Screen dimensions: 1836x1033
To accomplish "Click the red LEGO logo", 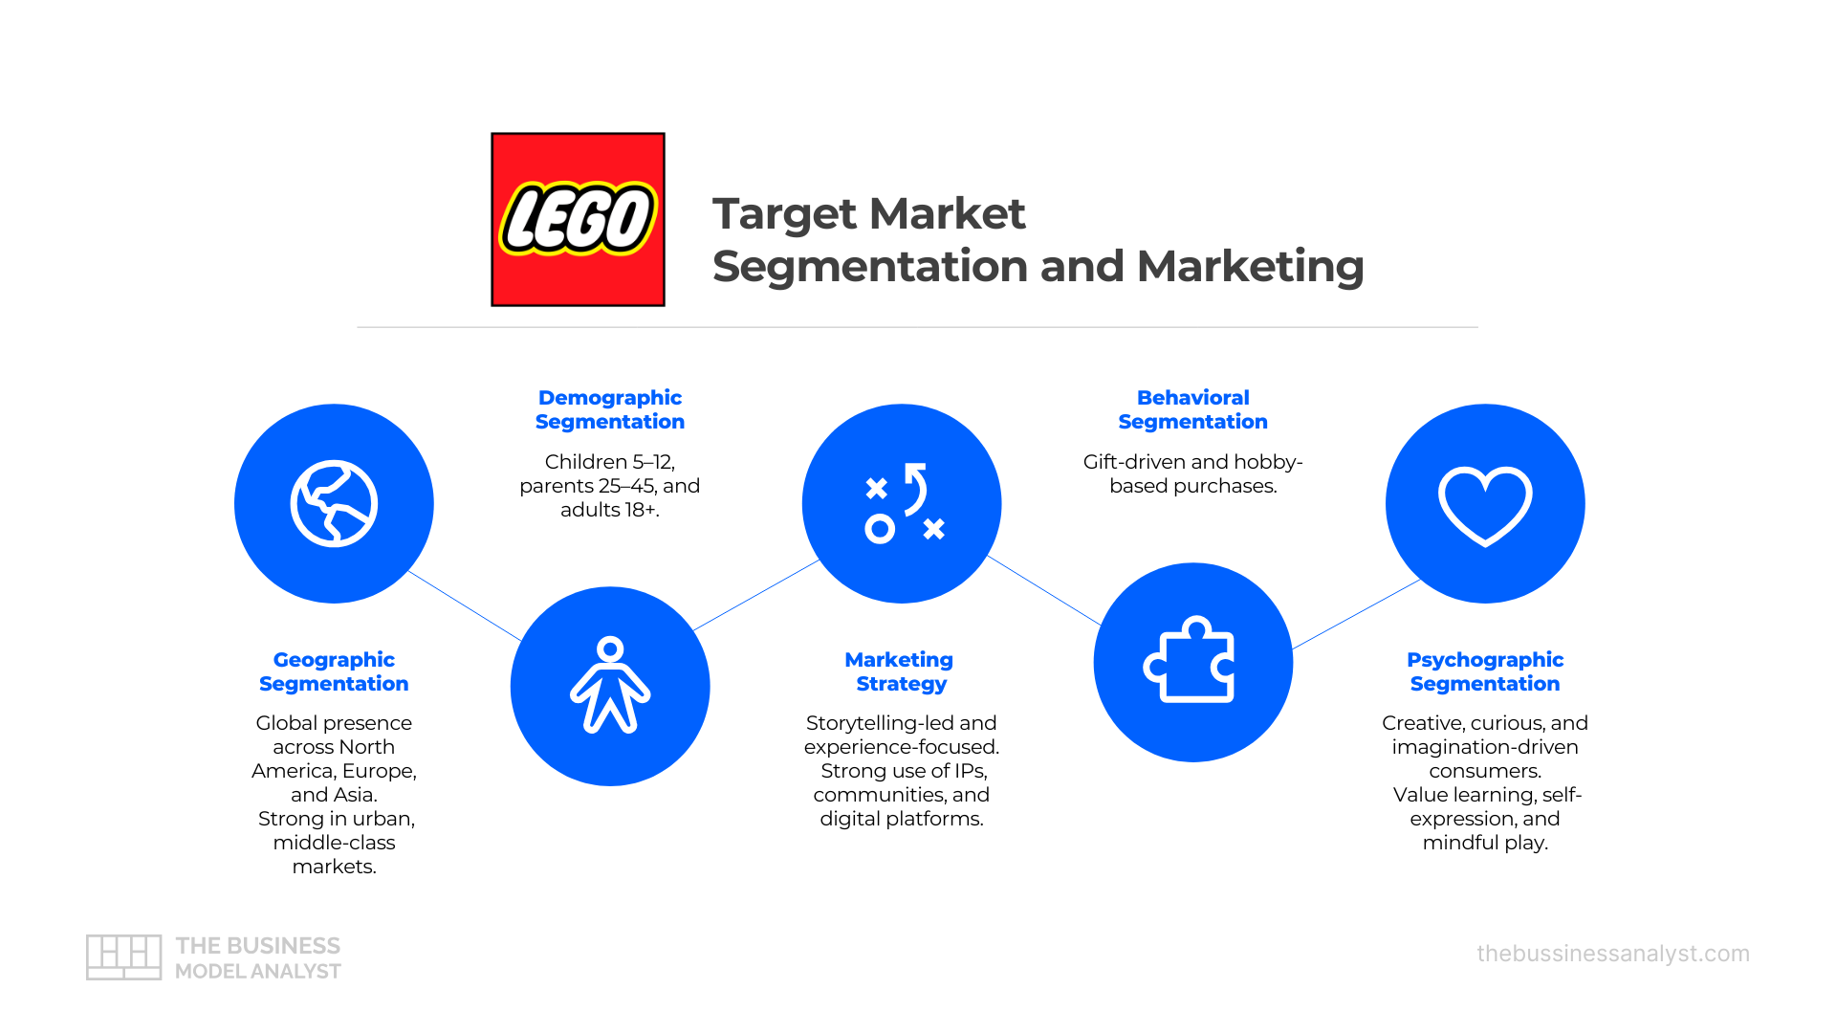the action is pos(578,219).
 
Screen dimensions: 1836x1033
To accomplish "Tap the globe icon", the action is pos(334,503).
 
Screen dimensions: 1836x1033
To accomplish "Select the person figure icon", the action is pos(610,685).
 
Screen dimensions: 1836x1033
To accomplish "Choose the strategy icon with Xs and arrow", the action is pos(905,503).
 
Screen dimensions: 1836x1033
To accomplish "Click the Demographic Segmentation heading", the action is pos(610,409).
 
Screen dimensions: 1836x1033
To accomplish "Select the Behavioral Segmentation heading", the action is pos(1193,409).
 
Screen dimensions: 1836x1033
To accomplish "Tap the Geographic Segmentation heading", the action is pos(334,671).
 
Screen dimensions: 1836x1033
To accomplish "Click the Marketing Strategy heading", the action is pos(900,671).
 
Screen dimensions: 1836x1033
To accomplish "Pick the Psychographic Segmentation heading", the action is pos(1485,671).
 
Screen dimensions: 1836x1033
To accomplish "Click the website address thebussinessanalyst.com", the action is pos(1613,954).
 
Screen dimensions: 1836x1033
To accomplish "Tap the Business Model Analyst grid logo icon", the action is pos(123,957).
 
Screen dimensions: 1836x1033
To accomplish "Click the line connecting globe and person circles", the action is pos(466,606).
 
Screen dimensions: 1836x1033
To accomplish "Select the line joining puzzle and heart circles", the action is pos(1356,614).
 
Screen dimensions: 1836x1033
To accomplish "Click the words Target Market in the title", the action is pos(868,213).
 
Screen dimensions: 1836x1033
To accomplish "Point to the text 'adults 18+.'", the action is pos(610,510).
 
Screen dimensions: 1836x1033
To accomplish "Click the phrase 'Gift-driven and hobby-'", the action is pos(1193,462).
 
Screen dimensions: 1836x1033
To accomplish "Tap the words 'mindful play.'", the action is pos(1485,843).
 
